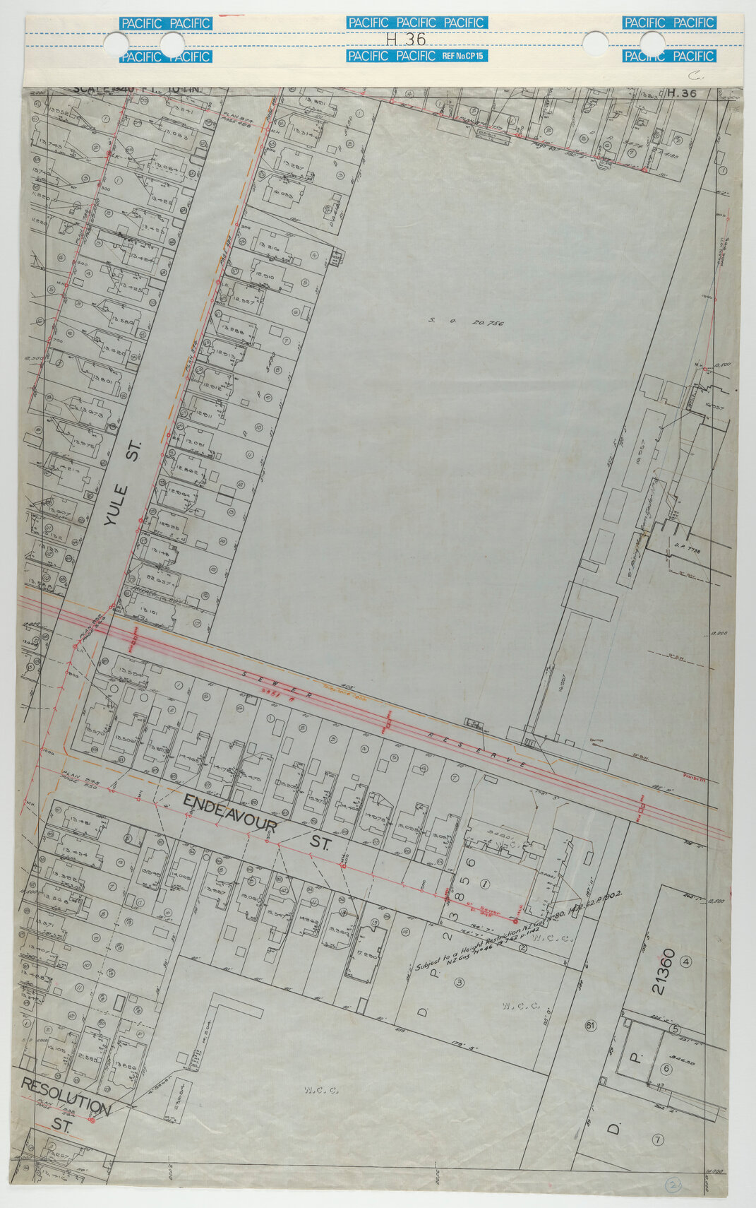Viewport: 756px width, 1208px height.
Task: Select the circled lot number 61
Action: click(591, 1025)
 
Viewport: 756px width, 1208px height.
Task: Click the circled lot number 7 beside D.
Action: click(658, 1139)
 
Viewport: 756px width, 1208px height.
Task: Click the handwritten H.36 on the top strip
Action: click(406, 40)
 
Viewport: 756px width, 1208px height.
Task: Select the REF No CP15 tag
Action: click(463, 56)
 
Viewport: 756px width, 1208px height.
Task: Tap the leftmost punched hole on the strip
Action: click(113, 43)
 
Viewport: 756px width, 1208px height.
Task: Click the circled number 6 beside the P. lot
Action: click(664, 1069)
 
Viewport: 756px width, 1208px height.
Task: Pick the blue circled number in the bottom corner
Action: click(674, 1185)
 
